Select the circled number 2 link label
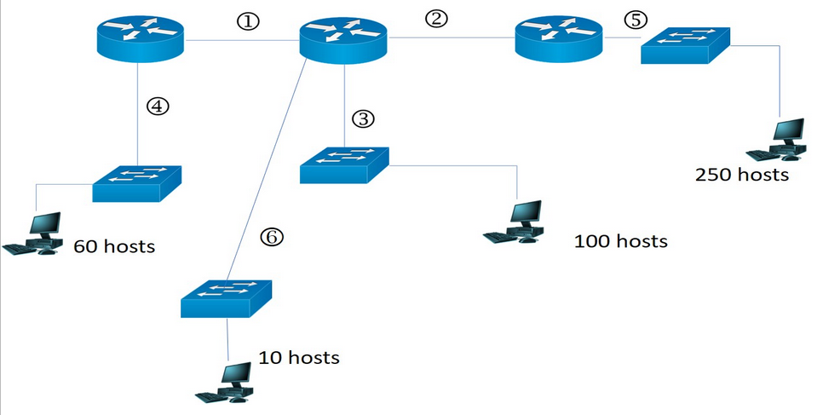[x=435, y=18]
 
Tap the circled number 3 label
[x=364, y=118]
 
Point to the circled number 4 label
[x=158, y=106]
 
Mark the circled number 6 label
[x=270, y=236]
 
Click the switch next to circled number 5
[x=687, y=50]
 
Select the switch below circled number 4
[x=137, y=182]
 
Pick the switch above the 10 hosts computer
[x=227, y=299]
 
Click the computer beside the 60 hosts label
[x=34, y=234]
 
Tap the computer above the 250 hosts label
[x=778, y=141]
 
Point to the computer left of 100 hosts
[x=515, y=223]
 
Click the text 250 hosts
[x=742, y=176]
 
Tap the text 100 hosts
[x=620, y=241]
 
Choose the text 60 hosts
[x=114, y=246]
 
